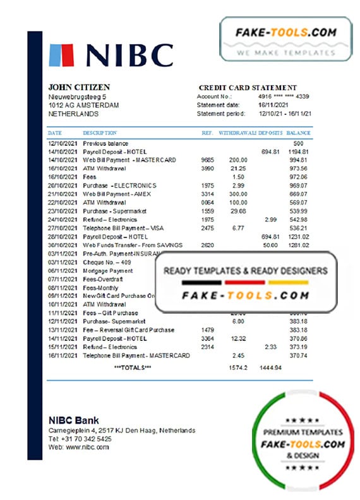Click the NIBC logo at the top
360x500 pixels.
click(x=111, y=55)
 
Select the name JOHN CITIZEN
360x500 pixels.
click(x=79, y=87)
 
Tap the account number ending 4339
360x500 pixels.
click(x=287, y=96)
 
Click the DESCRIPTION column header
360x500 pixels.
click(x=100, y=133)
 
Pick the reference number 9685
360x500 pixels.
click(x=207, y=160)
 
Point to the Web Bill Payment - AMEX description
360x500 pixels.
click(x=117, y=194)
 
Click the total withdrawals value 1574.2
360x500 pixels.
click(x=237, y=367)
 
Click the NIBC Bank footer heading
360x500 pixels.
click(x=73, y=420)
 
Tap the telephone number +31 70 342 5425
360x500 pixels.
click(x=80, y=438)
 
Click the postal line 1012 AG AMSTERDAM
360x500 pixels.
click(x=83, y=105)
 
